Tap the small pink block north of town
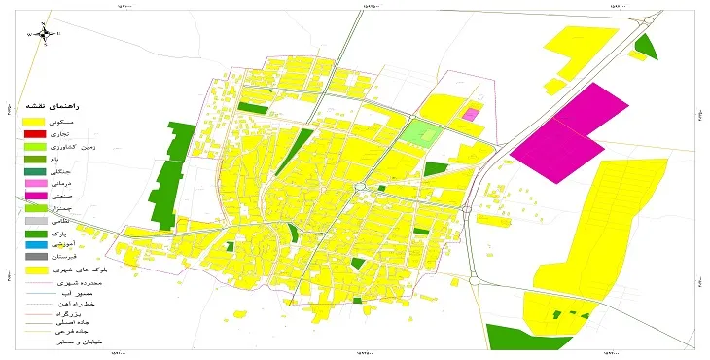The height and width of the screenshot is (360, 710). (x=471, y=114)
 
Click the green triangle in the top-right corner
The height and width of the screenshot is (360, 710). (x=645, y=46)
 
